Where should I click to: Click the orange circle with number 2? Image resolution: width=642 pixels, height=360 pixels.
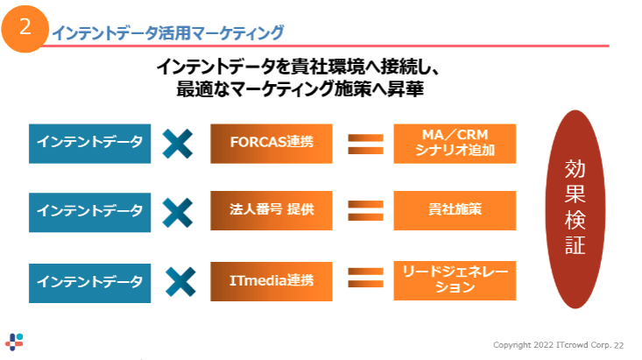coord(25,26)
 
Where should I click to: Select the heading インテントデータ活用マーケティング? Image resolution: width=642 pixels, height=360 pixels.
coord(168,33)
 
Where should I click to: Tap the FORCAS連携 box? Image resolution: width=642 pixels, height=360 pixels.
coord(272,144)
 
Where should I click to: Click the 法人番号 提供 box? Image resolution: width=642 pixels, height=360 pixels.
coord(272,210)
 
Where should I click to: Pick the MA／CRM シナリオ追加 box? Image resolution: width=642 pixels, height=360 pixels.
coord(455,144)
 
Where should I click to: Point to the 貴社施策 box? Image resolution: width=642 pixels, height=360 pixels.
coord(455,210)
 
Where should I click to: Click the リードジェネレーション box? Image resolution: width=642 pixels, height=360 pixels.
coord(455,280)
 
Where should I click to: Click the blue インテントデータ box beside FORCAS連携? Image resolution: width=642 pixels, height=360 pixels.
coord(90,144)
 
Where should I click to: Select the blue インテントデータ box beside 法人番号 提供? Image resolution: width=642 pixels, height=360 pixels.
coord(90,211)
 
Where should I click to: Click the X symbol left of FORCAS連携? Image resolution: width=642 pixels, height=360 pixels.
coord(178,144)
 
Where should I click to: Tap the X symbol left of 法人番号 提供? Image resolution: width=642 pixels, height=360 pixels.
coord(178,211)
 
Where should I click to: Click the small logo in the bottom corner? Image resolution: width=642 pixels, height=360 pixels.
coord(15,342)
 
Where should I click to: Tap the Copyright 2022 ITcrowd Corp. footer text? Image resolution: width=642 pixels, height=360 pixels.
coord(558,344)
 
